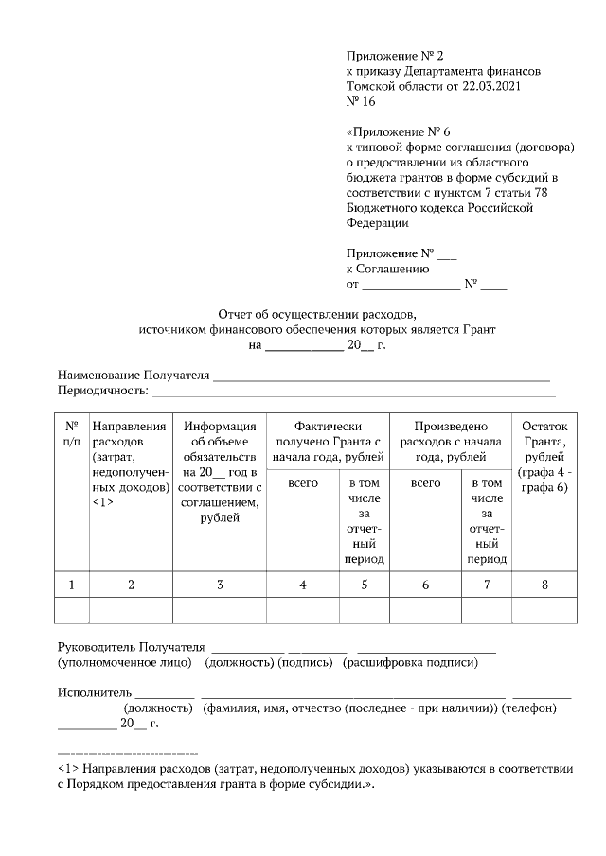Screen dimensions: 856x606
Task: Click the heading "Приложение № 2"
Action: point(395,57)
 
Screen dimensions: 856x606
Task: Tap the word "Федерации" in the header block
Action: point(378,223)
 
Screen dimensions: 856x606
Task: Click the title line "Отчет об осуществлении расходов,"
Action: point(317,313)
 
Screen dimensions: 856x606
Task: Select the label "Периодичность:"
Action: point(103,390)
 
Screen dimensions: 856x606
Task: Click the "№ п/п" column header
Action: point(72,433)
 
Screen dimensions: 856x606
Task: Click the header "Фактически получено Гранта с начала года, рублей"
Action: point(328,442)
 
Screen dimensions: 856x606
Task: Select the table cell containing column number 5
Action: point(364,585)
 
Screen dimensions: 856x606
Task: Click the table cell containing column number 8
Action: point(544,585)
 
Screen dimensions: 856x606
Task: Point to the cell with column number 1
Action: point(72,585)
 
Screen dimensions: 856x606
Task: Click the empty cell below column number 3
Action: point(220,611)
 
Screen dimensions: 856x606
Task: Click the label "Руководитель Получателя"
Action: point(132,647)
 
